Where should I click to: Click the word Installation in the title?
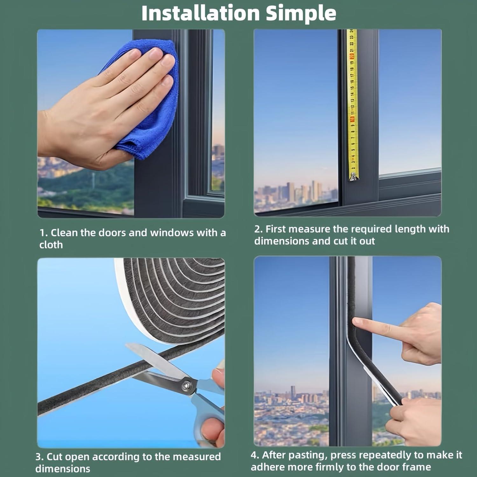pyautogui.click(x=200, y=13)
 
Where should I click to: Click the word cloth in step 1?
pyautogui.click(x=51, y=245)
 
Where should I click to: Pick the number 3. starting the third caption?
pyautogui.click(x=40, y=457)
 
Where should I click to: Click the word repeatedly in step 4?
pyautogui.click(x=386, y=455)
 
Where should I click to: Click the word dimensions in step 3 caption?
pyautogui.click(x=63, y=469)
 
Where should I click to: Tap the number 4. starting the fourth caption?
pyautogui.click(x=255, y=455)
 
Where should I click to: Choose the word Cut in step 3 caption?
pyautogui.click(x=55, y=457)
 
